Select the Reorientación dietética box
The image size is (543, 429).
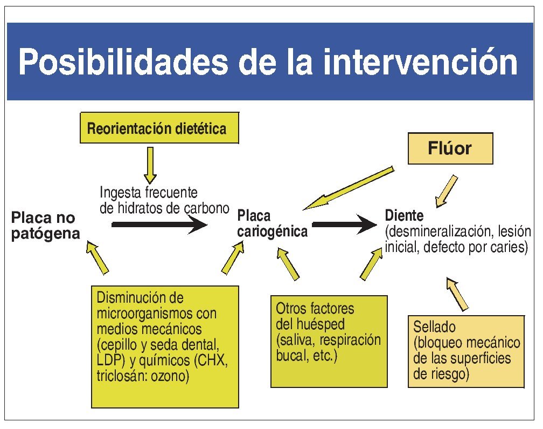point(159,128)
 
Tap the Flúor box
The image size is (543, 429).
point(450,148)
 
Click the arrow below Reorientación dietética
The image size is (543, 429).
point(150,164)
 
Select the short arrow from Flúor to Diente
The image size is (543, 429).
point(448,190)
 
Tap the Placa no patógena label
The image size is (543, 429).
point(45,226)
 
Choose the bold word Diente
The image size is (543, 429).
point(404,215)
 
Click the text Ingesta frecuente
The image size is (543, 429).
point(149,192)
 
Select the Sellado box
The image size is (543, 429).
point(465,351)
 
